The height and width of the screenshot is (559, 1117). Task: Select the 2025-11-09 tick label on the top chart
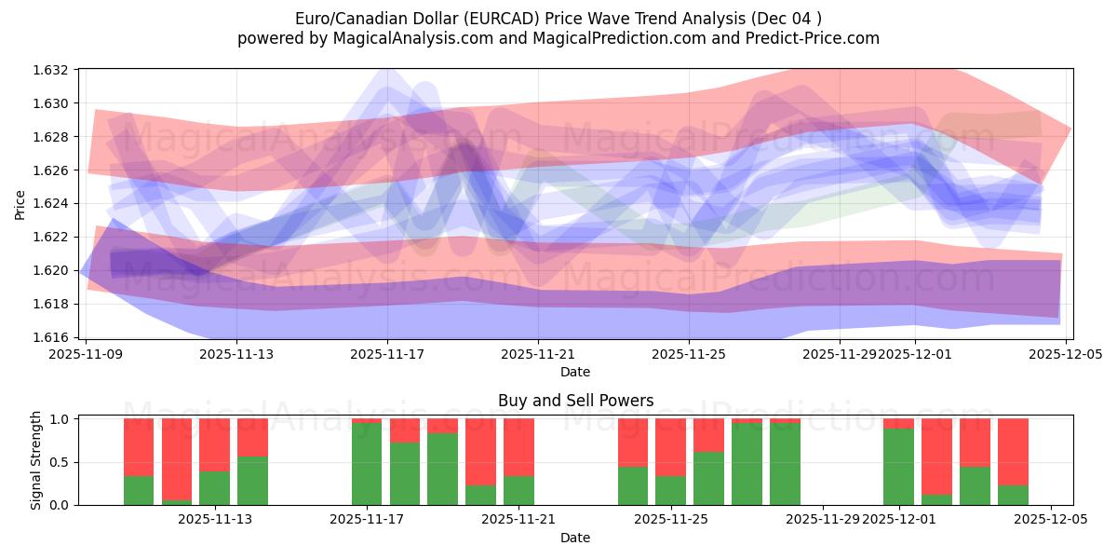pyautogui.click(x=86, y=355)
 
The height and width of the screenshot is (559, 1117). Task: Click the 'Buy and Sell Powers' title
pyautogui.click(x=575, y=402)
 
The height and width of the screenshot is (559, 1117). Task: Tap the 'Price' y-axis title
pyautogui.click(x=20, y=204)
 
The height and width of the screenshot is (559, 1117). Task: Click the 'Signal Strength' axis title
pyautogui.click(x=36, y=460)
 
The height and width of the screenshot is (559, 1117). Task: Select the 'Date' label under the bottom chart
pyautogui.click(x=575, y=538)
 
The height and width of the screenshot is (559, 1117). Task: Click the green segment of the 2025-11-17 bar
pyautogui.click(x=367, y=464)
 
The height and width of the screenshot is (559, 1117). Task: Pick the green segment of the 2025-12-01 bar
pyautogui.click(x=898, y=467)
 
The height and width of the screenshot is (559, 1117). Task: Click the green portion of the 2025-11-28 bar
pyautogui.click(x=785, y=464)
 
